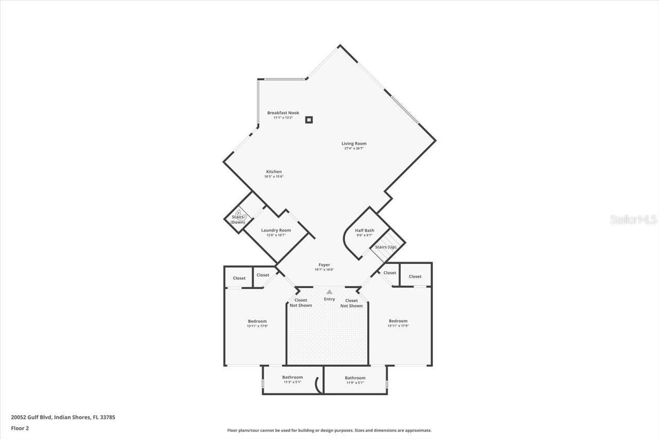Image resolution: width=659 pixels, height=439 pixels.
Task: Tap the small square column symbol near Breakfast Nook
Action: pyautogui.click(x=309, y=120)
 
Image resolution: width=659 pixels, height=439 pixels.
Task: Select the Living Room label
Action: pyautogui.click(x=354, y=144)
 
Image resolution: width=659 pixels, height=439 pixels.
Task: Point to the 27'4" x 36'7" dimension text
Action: pyautogui.click(x=354, y=149)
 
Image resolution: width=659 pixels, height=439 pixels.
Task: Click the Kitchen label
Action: pyautogui.click(x=273, y=171)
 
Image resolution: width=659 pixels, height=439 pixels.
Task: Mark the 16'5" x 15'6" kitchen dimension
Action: pyautogui.click(x=273, y=177)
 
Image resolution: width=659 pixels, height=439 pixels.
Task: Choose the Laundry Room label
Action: pyautogui.click(x=275, y=230)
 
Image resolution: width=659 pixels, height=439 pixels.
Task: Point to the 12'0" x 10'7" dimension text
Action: pyautogui.click(x=275, y=235)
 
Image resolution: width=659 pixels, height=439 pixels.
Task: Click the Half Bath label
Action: pyautogui.click(x=365, y=230)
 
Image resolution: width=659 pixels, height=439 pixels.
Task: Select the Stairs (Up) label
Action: pyautogui.click(x=385, y=247)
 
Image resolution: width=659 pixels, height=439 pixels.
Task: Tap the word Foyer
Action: pyautogui.click(x=324, y=265)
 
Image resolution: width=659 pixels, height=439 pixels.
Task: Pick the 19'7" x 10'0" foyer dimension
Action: pyautogui.click(x=324, y=270)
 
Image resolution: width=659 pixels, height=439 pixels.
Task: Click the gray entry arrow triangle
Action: pyautogui.click(x=329, y=292)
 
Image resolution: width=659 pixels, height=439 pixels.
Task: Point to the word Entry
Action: pyautogui.click(x=329, y=299)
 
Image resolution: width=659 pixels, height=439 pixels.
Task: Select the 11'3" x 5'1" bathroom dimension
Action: pyautogui.click(x=292, y=382)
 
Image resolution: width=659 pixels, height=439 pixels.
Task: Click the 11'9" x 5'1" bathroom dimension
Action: pyautogui.click(x=355, y=383)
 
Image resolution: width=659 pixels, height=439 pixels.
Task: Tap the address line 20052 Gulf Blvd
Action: pyautogui.click(x=63, y=417)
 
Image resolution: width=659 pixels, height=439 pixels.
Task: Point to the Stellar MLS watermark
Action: pyautogui.click(x=633, y=220)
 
